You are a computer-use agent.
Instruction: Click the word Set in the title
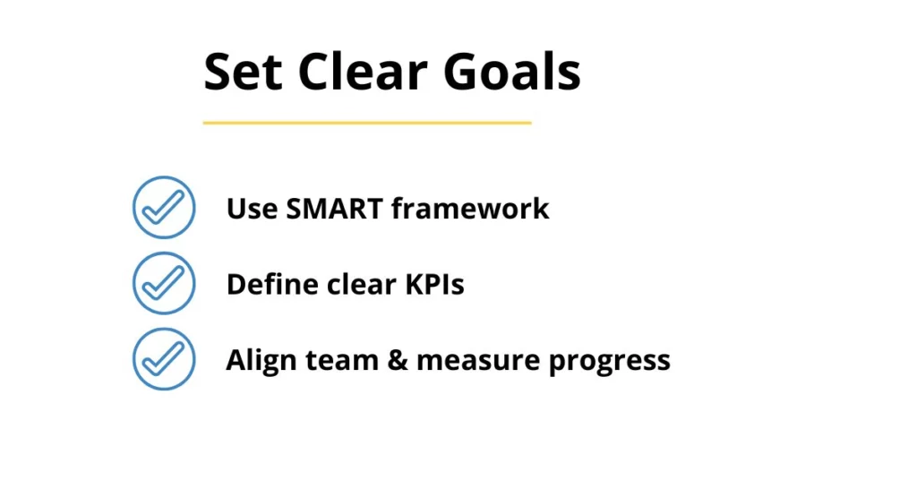243,72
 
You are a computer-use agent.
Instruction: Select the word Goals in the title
511,71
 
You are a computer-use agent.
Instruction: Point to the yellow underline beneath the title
367,123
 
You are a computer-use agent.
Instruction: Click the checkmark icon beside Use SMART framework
164,208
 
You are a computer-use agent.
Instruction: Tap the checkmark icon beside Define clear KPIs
164,284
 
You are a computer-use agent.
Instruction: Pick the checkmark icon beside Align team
164,359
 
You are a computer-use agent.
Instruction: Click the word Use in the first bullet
252,209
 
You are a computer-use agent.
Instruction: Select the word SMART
334,209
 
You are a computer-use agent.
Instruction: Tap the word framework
470,208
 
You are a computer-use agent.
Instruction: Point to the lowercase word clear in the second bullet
362,284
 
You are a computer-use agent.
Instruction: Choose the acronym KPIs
434,285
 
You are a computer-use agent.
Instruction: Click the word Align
261,361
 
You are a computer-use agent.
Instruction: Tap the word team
342,361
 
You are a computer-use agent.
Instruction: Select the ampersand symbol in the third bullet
397,361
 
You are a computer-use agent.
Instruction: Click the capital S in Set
219,72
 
